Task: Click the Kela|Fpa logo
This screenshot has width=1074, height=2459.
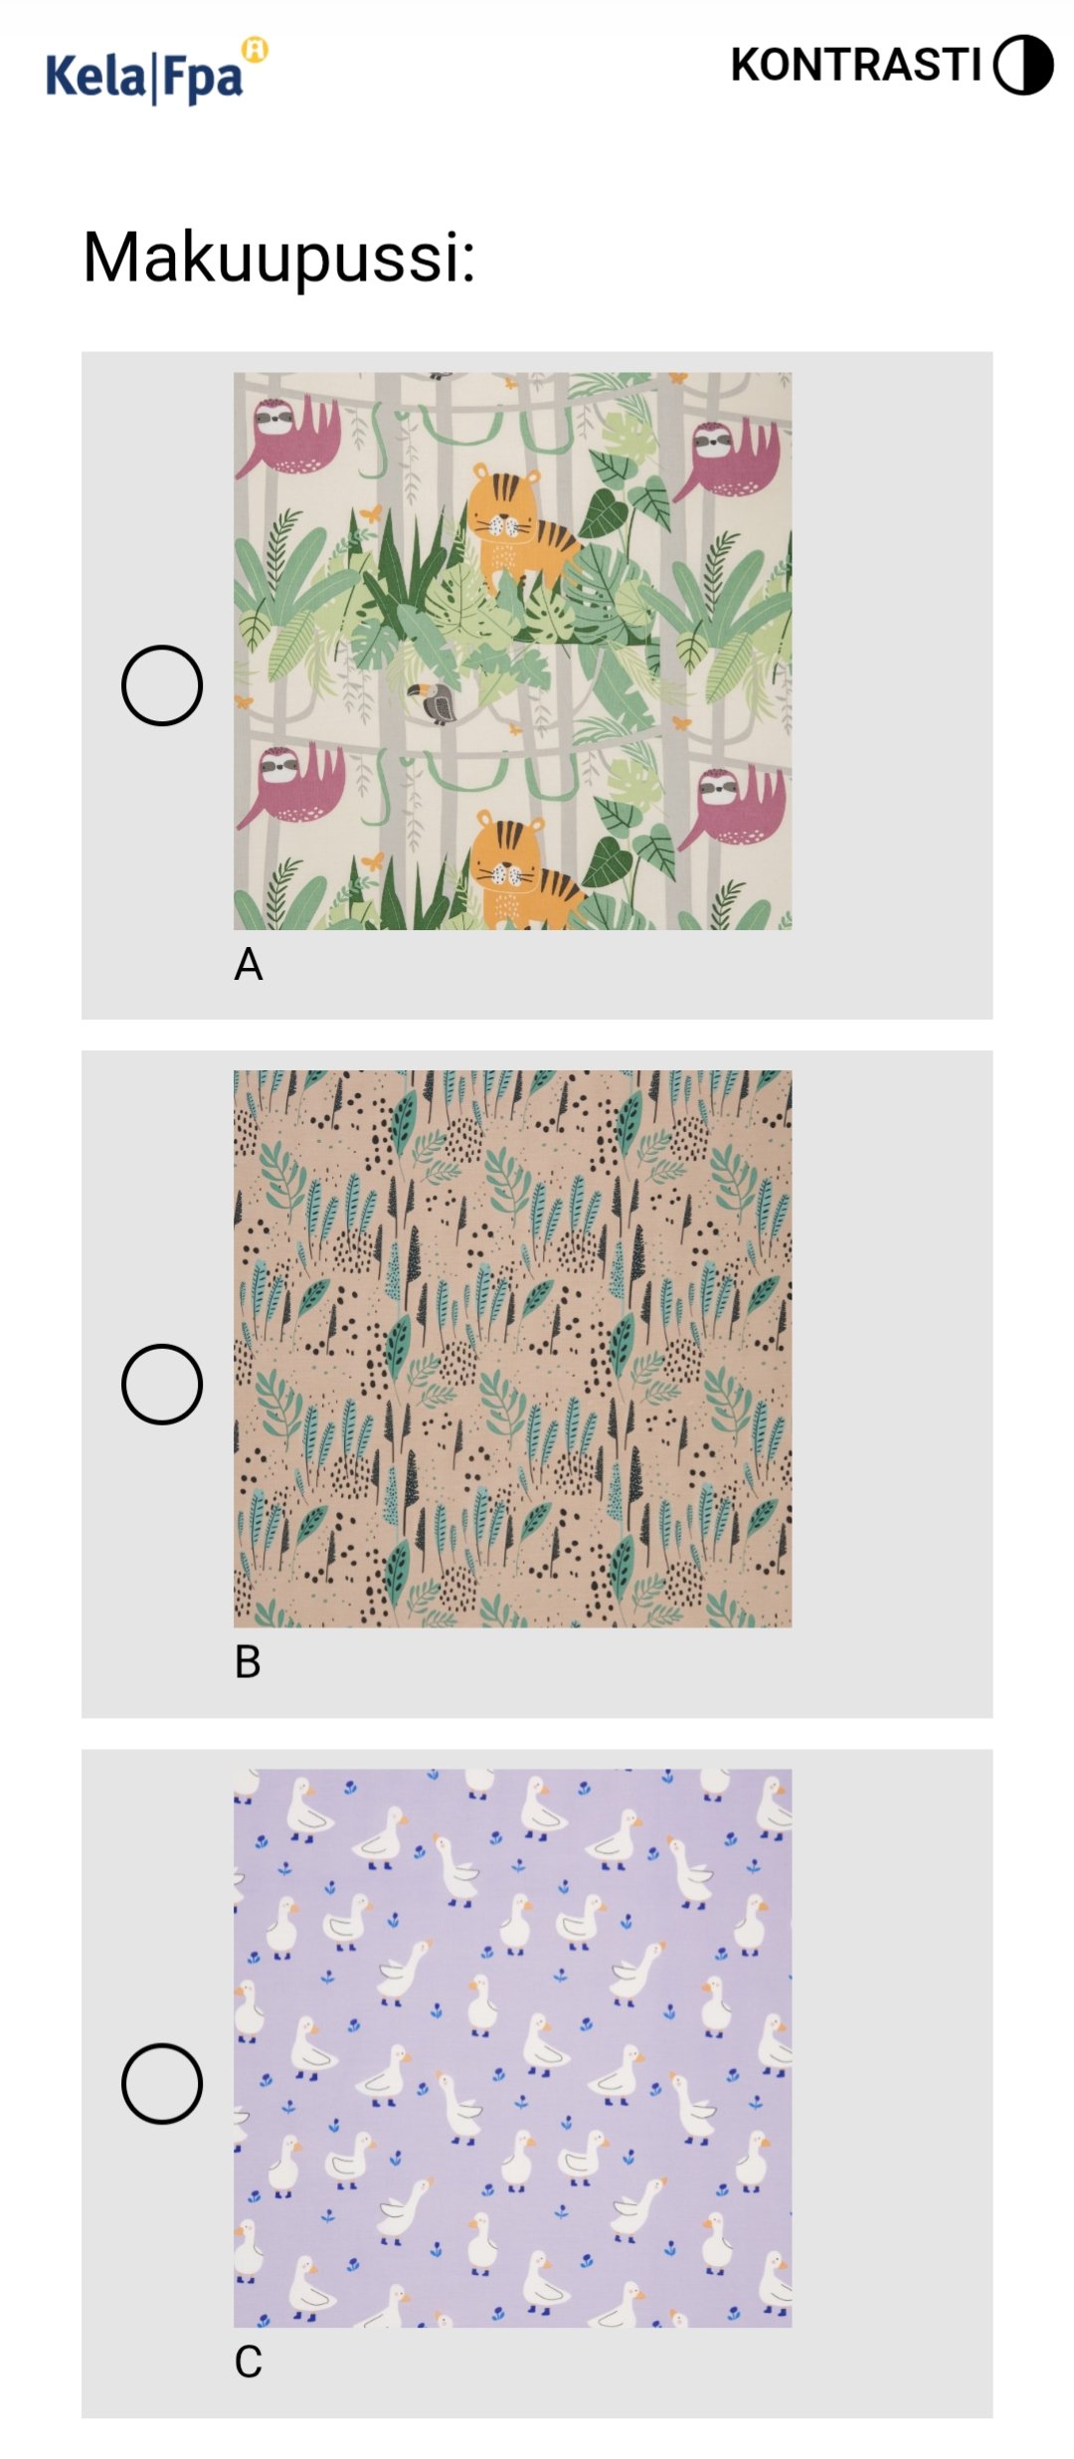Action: point(157,72)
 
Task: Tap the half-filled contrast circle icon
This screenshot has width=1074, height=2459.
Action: point(1023,65)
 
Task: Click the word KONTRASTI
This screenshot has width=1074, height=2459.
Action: point(856,65)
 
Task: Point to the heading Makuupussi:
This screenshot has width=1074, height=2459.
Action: point(279,258)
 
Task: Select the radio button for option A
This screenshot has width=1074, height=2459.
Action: point(162,685)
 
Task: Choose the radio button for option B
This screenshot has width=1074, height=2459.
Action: point(162,1384)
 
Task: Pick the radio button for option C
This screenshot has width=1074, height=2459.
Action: point(162,2083)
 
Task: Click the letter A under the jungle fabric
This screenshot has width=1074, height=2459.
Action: point(249,964)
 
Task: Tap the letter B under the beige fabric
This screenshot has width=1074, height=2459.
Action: point(248,1662)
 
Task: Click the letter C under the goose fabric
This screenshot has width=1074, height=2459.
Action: point(249,2362)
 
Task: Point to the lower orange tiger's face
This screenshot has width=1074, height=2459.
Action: point(506,856)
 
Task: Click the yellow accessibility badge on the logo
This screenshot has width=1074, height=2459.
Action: point(256,50)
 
